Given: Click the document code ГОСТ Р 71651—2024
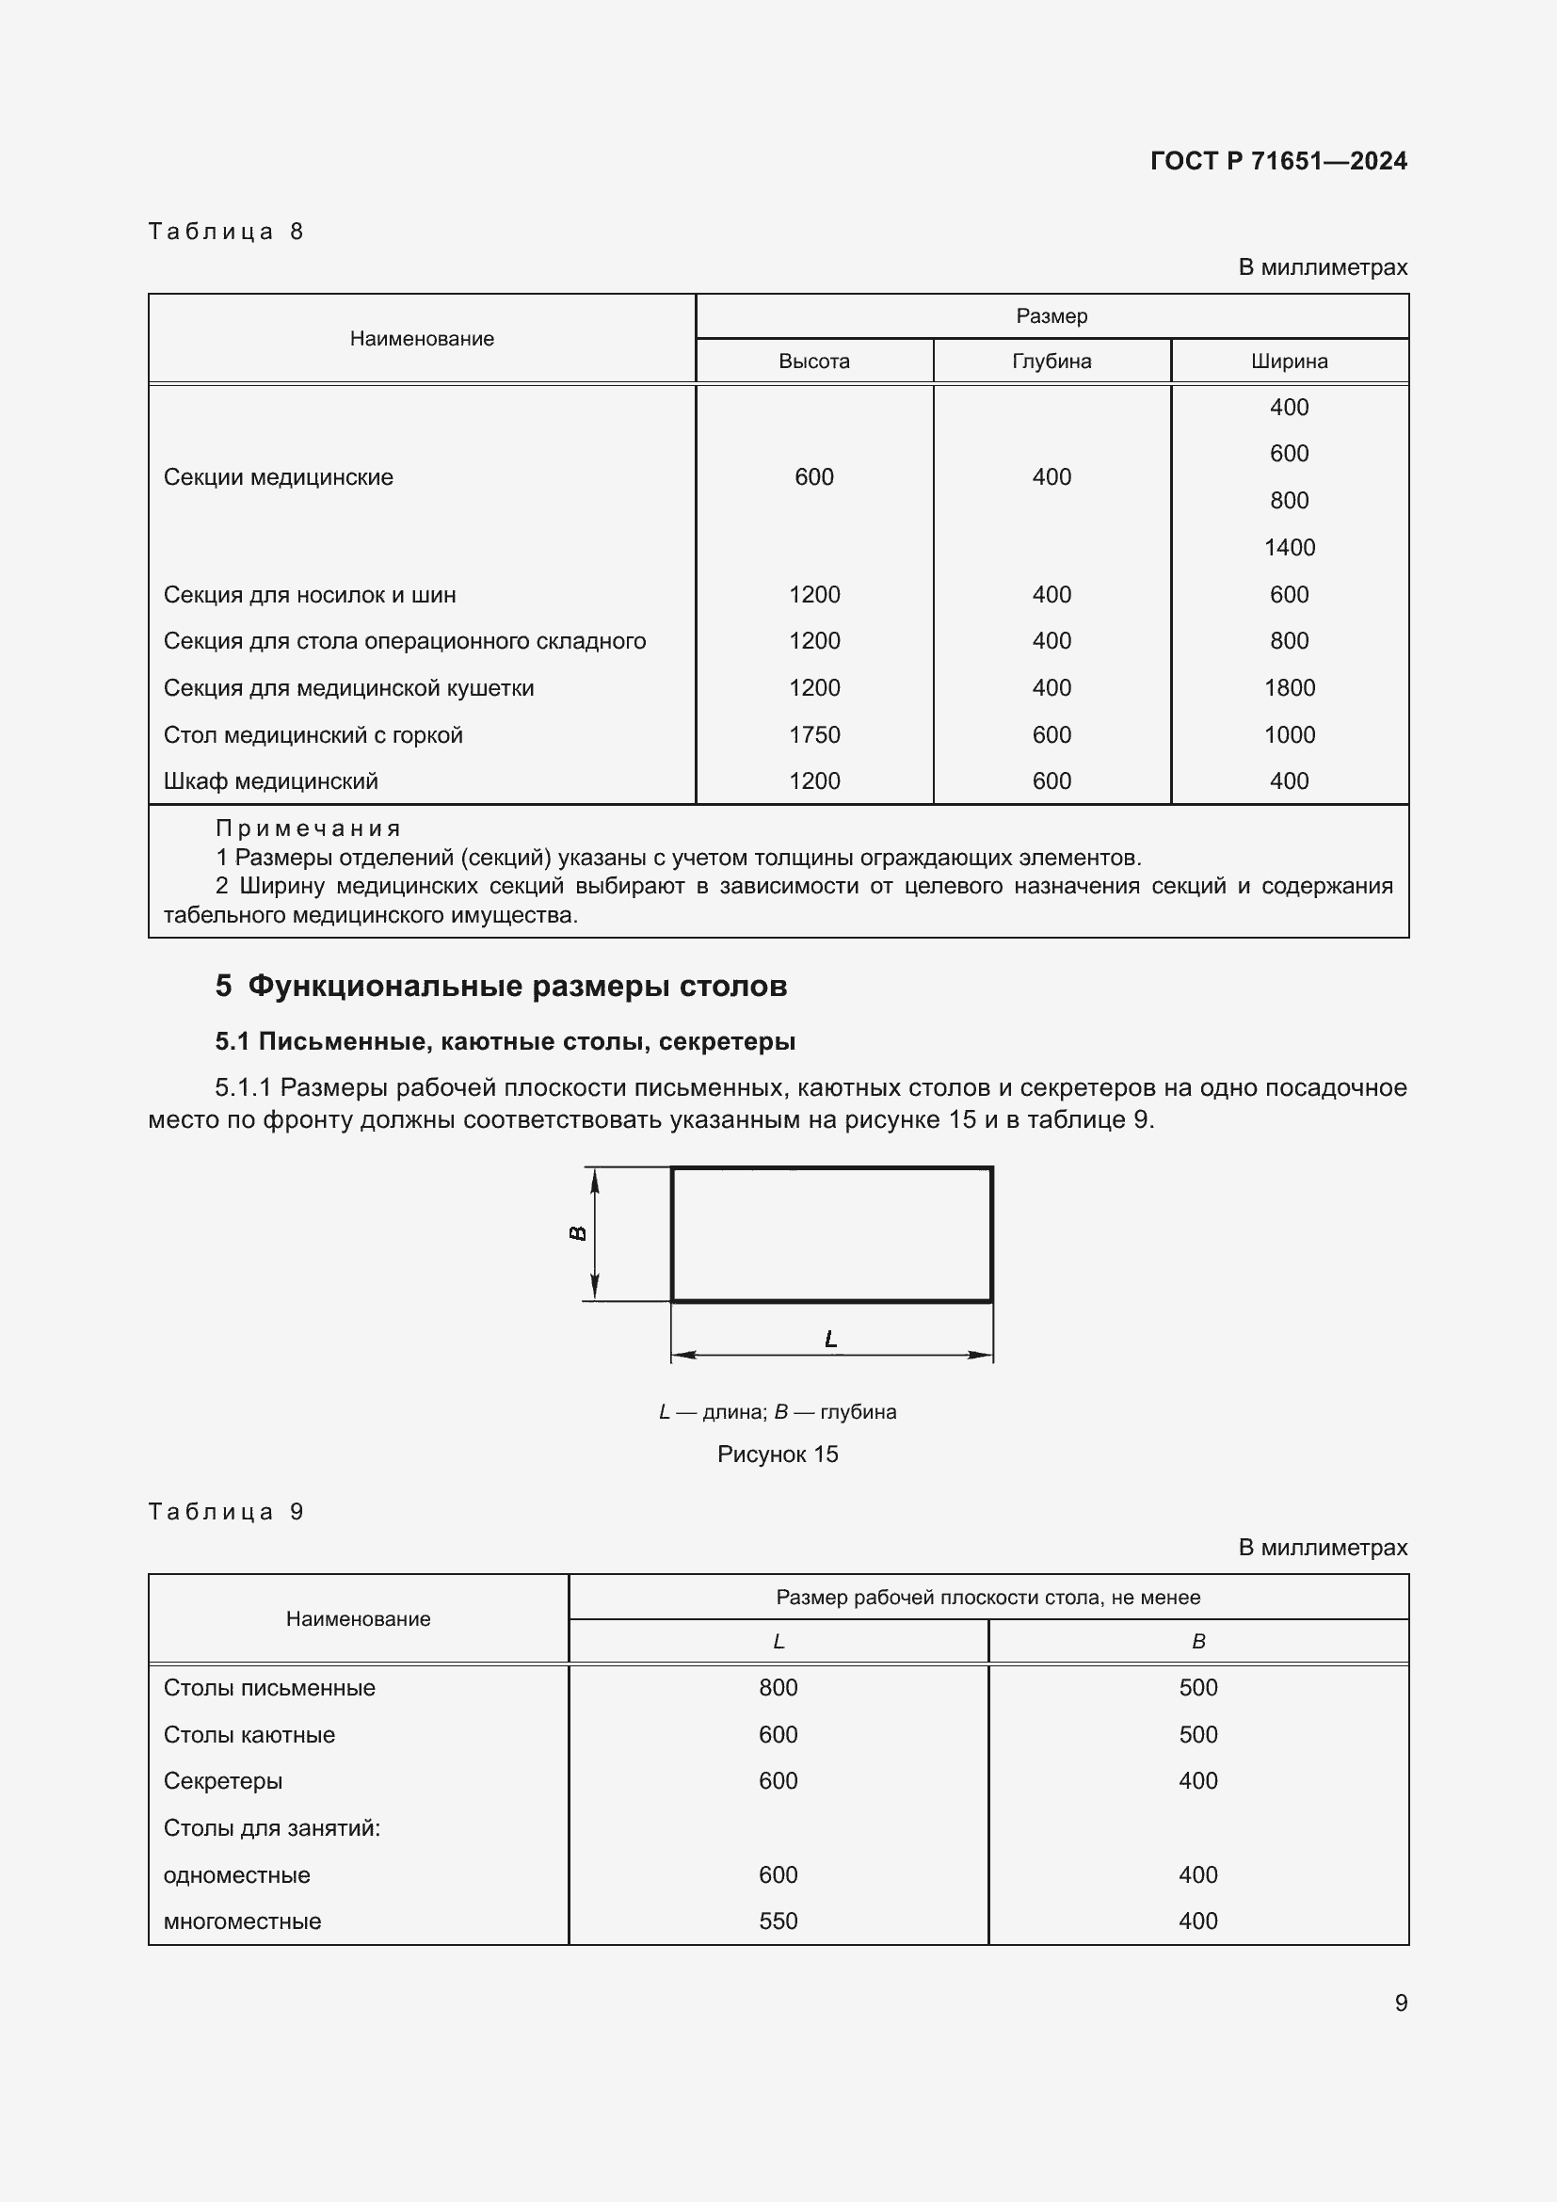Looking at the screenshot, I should click(1278, 160).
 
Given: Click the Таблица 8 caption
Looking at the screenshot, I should click(225, 232).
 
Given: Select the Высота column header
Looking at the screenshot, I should click(814, 362).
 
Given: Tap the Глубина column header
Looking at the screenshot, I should click(1051, 362).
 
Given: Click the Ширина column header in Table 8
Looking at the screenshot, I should click(1289, 362).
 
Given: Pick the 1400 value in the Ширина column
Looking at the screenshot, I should click(1289, 548).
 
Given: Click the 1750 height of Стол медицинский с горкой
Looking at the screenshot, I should click(814, 734).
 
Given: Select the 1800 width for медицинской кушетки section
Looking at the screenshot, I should click(1289, 687).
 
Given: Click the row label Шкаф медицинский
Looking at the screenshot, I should click(270, 781).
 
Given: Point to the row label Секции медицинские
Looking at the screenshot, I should click(278, 477).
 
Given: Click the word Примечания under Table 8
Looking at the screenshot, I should click(307, 828).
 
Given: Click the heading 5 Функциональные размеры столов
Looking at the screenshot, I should click(501, 986).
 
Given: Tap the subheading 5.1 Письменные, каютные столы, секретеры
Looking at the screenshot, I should click(506, 1041).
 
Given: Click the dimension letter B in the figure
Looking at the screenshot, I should click(578, 1233).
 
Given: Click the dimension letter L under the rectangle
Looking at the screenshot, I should click(830, 1339).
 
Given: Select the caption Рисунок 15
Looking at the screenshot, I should click(778, 1454).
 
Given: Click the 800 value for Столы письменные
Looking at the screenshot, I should click(778, 1687).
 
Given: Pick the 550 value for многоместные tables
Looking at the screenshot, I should click(778, 1921).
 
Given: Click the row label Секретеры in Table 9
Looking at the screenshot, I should click(222, 1781).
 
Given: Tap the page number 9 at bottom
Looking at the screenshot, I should click(1401, 2002).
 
